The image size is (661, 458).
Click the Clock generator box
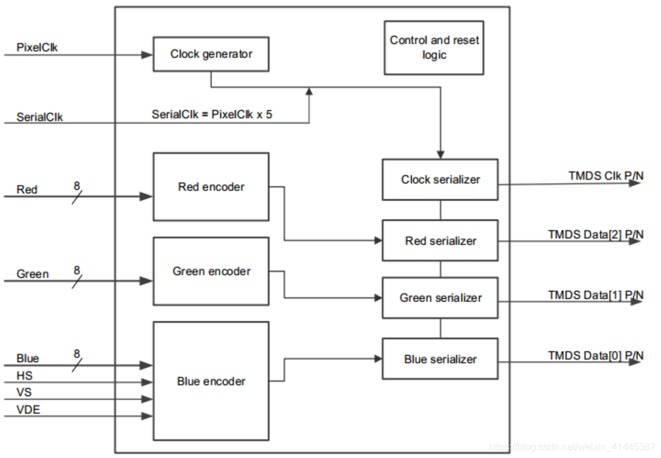click(211, 54)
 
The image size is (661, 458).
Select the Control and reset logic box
click(434, 48)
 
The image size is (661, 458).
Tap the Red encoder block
click(211, 187)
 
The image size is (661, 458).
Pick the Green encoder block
click(211, 271)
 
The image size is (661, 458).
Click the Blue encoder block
click(211, 381)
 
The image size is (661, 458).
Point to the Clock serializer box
click(440, 179)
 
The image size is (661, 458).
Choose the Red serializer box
click(440, 240)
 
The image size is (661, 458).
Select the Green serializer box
click(440, 298)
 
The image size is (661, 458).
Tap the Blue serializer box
click(440, 359)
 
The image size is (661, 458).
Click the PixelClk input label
click(37, 47)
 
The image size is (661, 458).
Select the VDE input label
click(28, 410)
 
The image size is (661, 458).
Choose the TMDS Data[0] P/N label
click(595, 355)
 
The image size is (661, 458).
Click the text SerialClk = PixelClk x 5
click(212, 114)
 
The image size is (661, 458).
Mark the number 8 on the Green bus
click(77, 270)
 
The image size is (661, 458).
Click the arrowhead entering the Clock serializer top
click(440, 154)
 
